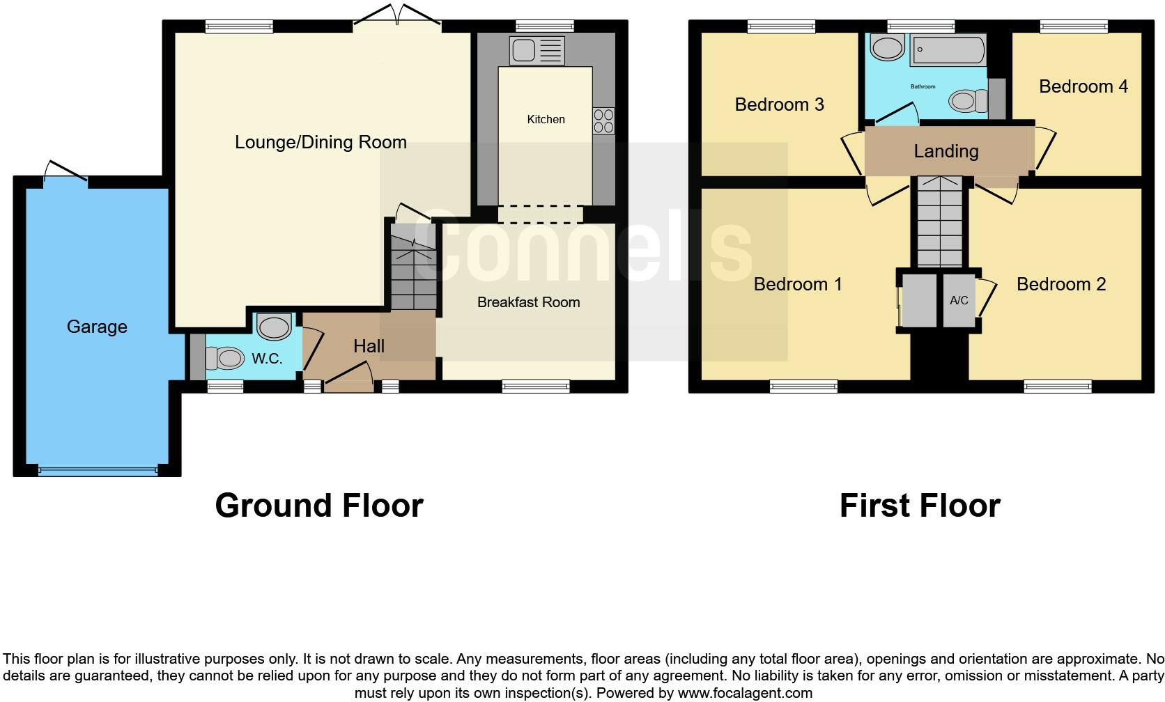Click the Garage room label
point(97,327)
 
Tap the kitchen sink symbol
point(537,51)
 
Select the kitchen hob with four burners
point(603,121)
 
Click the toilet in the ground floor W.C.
point(224,359)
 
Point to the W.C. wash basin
point(274,326)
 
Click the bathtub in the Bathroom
point(948,50)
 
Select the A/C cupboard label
point(959,301)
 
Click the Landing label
point(946,151)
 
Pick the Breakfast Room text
point(528,302)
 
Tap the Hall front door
point(348,376)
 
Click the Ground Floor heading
point(319,506)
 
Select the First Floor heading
point(920,506)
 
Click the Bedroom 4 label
point(1083,86)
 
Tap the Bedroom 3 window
point(781,26)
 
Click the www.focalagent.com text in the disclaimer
point(744,693)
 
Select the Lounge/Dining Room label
point(321,143)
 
